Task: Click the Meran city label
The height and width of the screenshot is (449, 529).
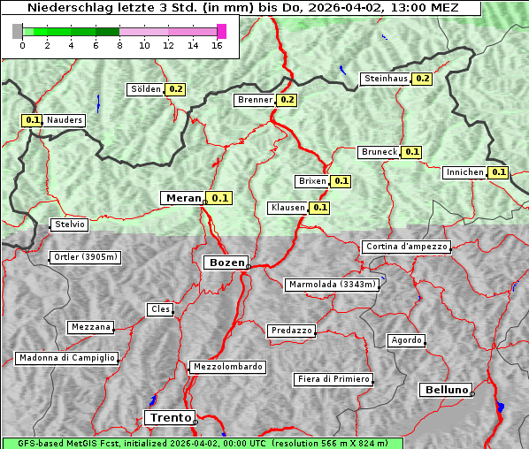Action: [x=181, y=198]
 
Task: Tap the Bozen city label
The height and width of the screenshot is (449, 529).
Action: [x=225, y=263]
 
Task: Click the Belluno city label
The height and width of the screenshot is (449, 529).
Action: [x=445, y=389]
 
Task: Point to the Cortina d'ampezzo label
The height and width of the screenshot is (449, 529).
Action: [x=406, y=247]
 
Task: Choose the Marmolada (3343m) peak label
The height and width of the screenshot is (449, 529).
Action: [x=333, y=285]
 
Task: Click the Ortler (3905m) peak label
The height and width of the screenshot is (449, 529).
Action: [x=85, y=258]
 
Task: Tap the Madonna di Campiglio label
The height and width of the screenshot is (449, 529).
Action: [x=66, y=358]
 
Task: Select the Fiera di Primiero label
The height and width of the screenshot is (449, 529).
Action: [x=333, y=379]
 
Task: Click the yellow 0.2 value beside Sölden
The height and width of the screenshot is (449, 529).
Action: [x=175, y=89]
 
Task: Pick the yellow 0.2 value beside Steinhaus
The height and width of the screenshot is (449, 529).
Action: [x=422, y=79]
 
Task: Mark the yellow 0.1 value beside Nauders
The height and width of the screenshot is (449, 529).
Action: [x=32, y=120]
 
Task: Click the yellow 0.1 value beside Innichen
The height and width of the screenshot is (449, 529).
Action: [x=498, y=172]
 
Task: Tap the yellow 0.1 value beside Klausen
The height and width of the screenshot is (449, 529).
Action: [x=319, y=208]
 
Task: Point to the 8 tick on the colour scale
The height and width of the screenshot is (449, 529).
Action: [x=119, y=46]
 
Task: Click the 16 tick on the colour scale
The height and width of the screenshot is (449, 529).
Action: [x=217, y=46]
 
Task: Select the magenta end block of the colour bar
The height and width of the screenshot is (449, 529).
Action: [x=221, y=31]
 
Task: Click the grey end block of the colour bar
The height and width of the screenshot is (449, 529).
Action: [x=17, y=31]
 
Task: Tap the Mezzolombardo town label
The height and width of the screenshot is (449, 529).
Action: [x=226, y=367]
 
